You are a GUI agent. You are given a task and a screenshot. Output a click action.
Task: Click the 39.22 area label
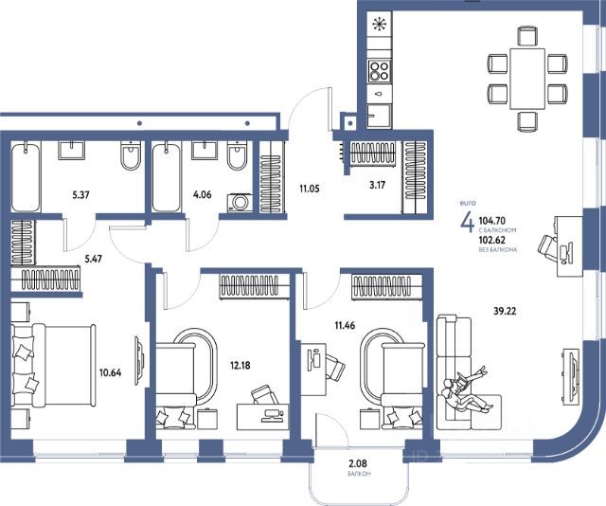tap(505, 311)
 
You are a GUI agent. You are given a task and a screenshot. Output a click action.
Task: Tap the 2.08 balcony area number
tap(357, 463)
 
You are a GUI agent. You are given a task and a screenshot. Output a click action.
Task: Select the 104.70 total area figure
tap(492, 221)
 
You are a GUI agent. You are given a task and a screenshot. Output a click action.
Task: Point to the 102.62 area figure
tap(492, 240)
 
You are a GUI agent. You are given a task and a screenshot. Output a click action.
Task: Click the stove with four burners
tap(379, 71)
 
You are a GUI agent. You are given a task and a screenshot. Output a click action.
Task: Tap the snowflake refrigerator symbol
tap(379, 25)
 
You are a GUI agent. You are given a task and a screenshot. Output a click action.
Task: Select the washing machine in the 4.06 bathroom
tap(240, 203)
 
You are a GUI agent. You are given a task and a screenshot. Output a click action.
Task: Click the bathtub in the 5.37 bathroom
tap(26, 176)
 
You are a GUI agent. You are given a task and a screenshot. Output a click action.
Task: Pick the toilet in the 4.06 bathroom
tap(238, 155)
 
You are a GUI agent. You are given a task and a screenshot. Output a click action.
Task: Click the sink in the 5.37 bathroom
tap(71, 150)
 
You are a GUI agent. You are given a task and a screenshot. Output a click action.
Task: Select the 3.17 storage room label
tap(377, 185)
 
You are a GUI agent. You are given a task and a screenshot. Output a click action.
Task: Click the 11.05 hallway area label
tap(310, 189)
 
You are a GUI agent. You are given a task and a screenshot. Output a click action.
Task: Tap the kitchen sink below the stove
tap(379, 116)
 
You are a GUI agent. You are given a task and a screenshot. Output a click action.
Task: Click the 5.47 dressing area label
tap(93, 259)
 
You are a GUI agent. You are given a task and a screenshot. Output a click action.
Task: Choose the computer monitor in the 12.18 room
tap(273, 415)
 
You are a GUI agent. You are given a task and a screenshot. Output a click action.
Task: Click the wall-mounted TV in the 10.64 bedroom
tap(139, 360)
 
